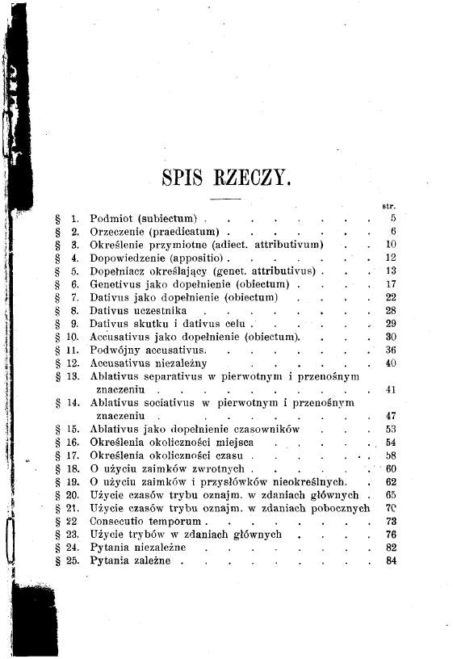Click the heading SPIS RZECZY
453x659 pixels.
click(x=225, y=175)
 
